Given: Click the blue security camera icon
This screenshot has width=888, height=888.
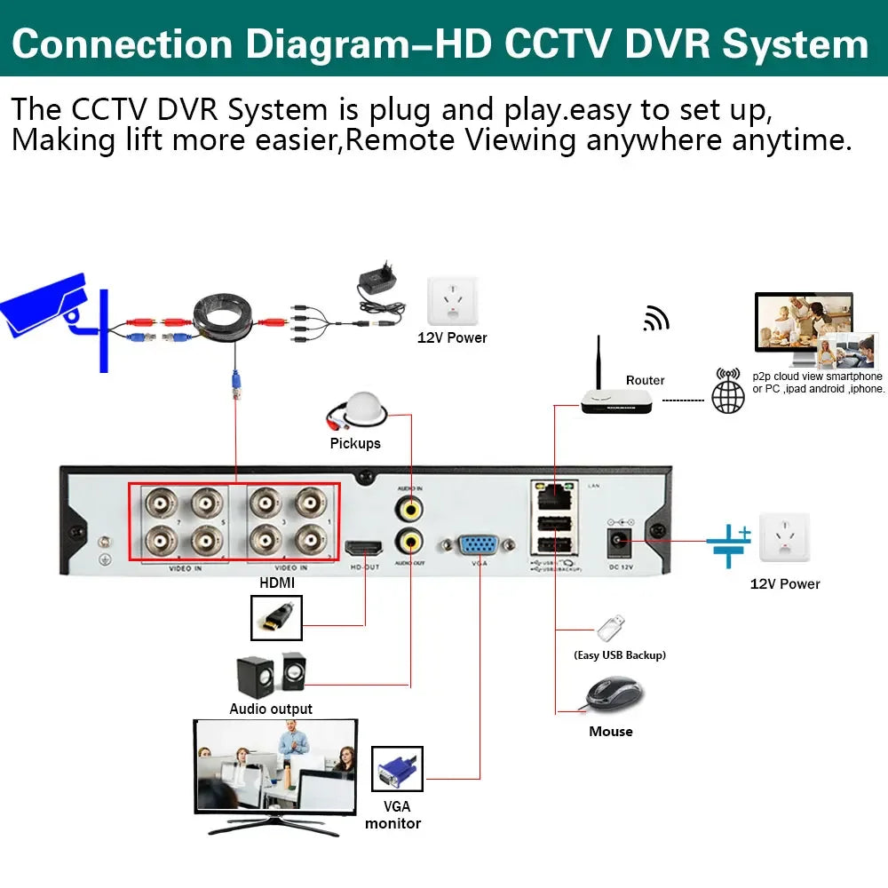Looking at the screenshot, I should (x=44, y=306).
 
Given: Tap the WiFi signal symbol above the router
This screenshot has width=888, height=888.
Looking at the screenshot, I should (x=656, y=319).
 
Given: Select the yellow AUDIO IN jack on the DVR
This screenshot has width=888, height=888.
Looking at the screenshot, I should (x=410, y=508).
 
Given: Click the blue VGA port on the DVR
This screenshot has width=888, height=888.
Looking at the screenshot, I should (x=479, y=544).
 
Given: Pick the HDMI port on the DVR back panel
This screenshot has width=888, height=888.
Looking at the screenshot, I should (x=365, y=548).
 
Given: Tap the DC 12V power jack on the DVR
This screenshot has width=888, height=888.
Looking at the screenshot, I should (x=619, y=539).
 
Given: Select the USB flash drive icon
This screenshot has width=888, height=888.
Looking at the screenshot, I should (x=610, y=629).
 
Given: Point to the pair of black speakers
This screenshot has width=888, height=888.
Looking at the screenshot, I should (x=271, y=675).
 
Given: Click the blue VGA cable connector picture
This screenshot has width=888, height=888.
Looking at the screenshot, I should (x=396, y=769).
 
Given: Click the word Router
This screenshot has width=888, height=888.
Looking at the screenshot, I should (x=645, y=380).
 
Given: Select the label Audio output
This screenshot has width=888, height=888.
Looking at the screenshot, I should (x=271, y=709).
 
